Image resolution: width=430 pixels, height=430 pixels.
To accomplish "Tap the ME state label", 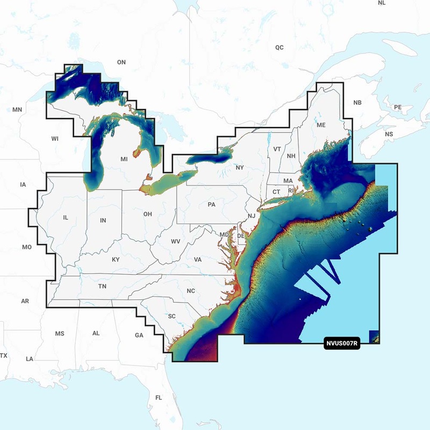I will click(321, 125).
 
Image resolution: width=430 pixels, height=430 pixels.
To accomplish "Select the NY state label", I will click(240, 168).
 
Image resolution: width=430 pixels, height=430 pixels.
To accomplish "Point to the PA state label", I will click(211, 205).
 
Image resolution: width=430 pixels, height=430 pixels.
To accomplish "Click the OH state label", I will click(147, 214).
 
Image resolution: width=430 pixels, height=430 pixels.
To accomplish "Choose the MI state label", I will click(124, 160).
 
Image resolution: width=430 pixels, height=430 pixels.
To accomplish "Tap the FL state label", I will click(159, 398).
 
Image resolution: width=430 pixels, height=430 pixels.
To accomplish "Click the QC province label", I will click(279, 47).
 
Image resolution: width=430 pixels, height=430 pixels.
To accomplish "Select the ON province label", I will click(121, 62).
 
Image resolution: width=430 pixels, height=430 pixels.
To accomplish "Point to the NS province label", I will click(389, 134).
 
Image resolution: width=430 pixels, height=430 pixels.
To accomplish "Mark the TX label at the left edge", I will click(4, 356).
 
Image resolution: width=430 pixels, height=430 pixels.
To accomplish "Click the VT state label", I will click(277, 149).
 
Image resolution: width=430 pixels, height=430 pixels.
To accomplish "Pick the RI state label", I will click(291, 190).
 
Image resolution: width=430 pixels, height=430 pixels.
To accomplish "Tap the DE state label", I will click(241, 236).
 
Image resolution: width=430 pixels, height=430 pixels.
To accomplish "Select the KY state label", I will click(116, 260).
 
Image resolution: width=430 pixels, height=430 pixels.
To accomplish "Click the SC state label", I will click(172, 316).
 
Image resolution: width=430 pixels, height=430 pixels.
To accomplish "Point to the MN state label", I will click(17, 110).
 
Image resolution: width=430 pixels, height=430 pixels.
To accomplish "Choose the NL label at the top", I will click(382, 3).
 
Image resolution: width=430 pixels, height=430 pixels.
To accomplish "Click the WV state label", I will click(175, 241).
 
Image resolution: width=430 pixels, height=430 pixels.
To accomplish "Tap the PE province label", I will click(398, 107).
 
